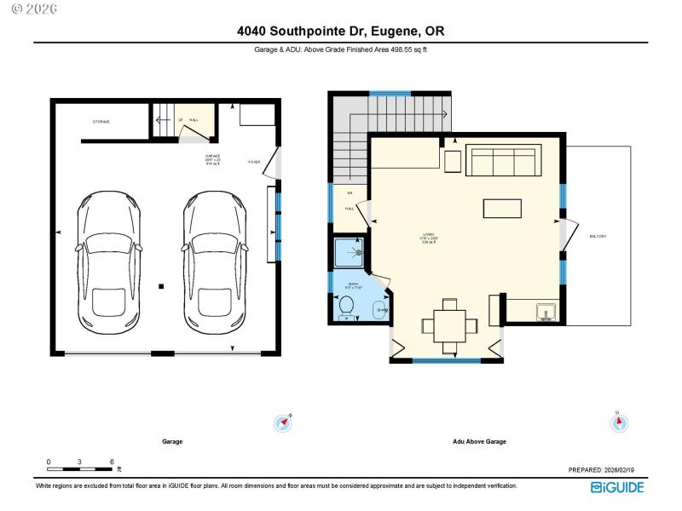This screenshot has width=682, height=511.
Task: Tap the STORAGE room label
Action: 101,122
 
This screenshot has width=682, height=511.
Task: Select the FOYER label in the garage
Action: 254,162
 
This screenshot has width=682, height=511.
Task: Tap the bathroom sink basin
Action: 381,311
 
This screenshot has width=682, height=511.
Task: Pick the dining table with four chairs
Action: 449,324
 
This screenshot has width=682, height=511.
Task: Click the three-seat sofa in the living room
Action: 502,160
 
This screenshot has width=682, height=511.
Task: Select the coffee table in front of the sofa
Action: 502,209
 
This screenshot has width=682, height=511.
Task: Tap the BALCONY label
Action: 597,236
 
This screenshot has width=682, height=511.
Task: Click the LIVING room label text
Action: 429,236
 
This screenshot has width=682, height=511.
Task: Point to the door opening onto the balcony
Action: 565,228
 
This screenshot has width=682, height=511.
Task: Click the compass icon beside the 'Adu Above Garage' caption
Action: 616,422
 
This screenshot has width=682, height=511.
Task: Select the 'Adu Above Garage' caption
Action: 479,442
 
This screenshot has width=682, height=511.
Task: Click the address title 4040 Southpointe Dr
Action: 341,32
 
